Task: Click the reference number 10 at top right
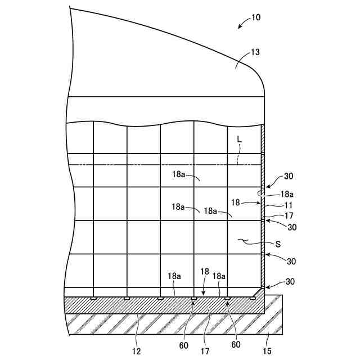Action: click(x=256, y=17)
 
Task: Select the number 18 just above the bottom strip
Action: click(x=205, y=271)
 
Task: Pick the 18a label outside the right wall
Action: click(x=286, y=193)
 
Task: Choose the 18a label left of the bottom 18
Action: click(x=174, y=276)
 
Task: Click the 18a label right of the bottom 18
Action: click(x=219, y=276)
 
